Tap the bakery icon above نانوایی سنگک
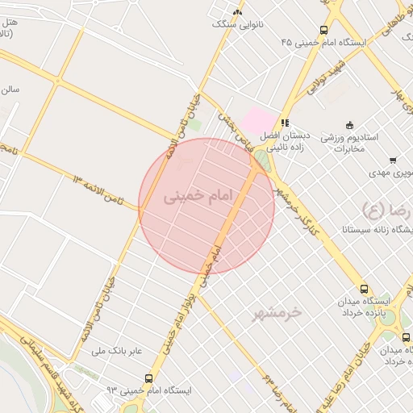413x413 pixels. (x=236, y=12)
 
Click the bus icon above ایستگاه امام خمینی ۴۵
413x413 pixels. (x=323, y=30)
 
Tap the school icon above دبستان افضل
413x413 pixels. (x=285, y=123)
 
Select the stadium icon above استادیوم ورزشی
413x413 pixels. (x=349, y=124)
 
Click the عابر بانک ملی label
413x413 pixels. (x=115, y=351)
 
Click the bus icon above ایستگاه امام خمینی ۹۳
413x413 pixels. (x=148, y=378)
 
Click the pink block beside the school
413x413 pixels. (x=259, y=121)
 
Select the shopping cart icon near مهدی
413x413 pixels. (x=393, y=161)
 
